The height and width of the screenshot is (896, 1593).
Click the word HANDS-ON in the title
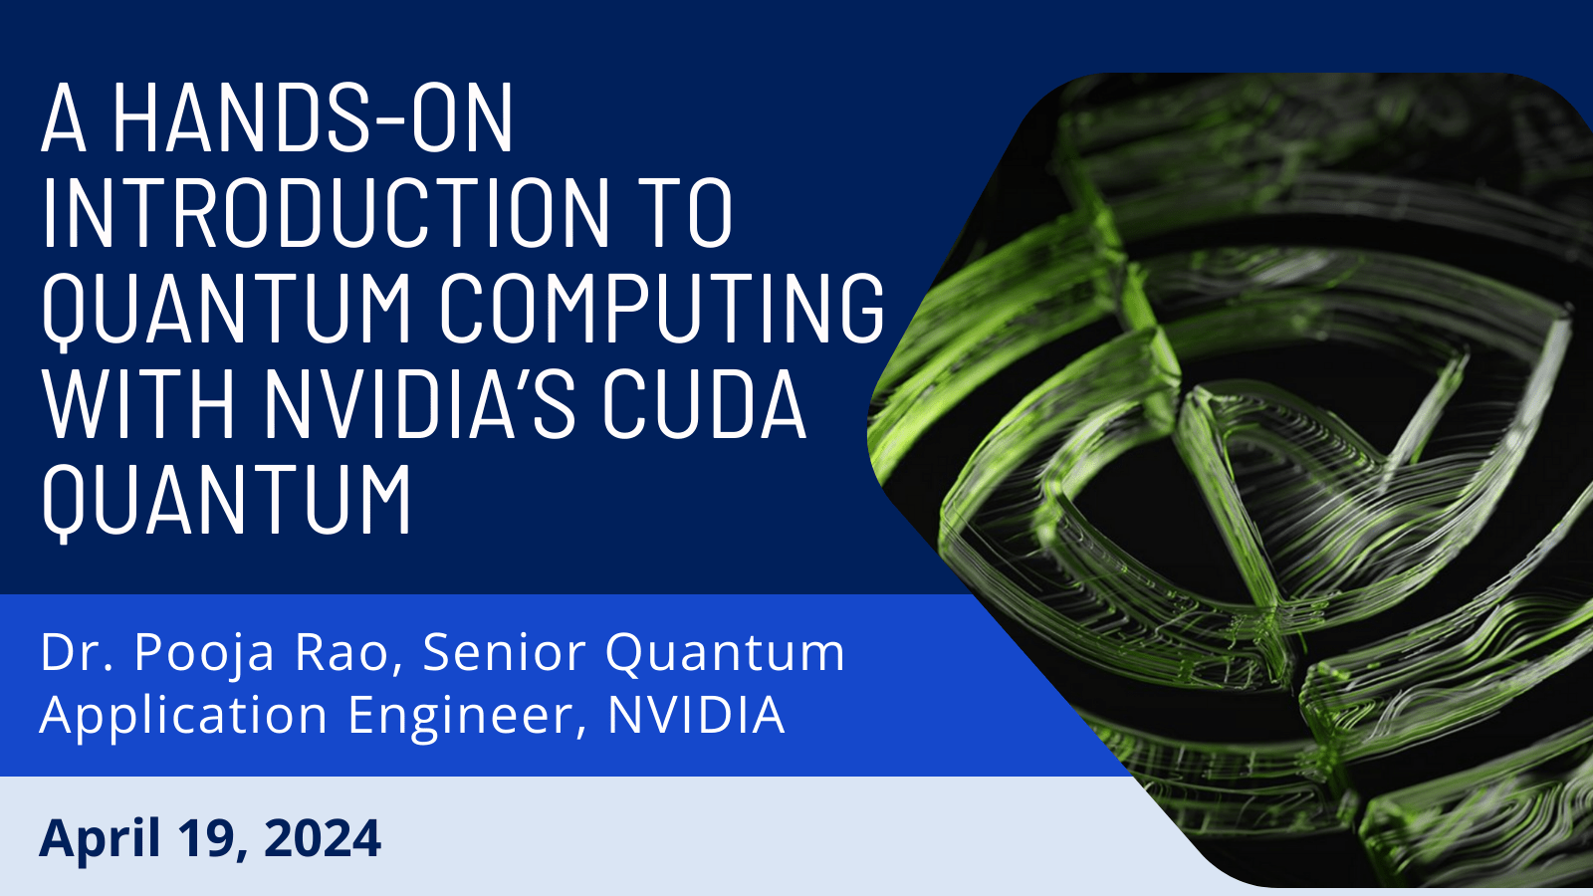[x=313, y=117]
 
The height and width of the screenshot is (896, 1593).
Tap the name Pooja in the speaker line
[x=204, y=654]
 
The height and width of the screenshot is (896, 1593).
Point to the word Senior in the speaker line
[x=504, y=652]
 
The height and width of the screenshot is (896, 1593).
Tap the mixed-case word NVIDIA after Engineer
[x=696, y=714]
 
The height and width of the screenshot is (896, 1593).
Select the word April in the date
[x=100, y=840]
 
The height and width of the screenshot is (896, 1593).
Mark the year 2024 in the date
[x=323, y=837]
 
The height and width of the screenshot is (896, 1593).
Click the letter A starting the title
[x=64, y=117]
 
